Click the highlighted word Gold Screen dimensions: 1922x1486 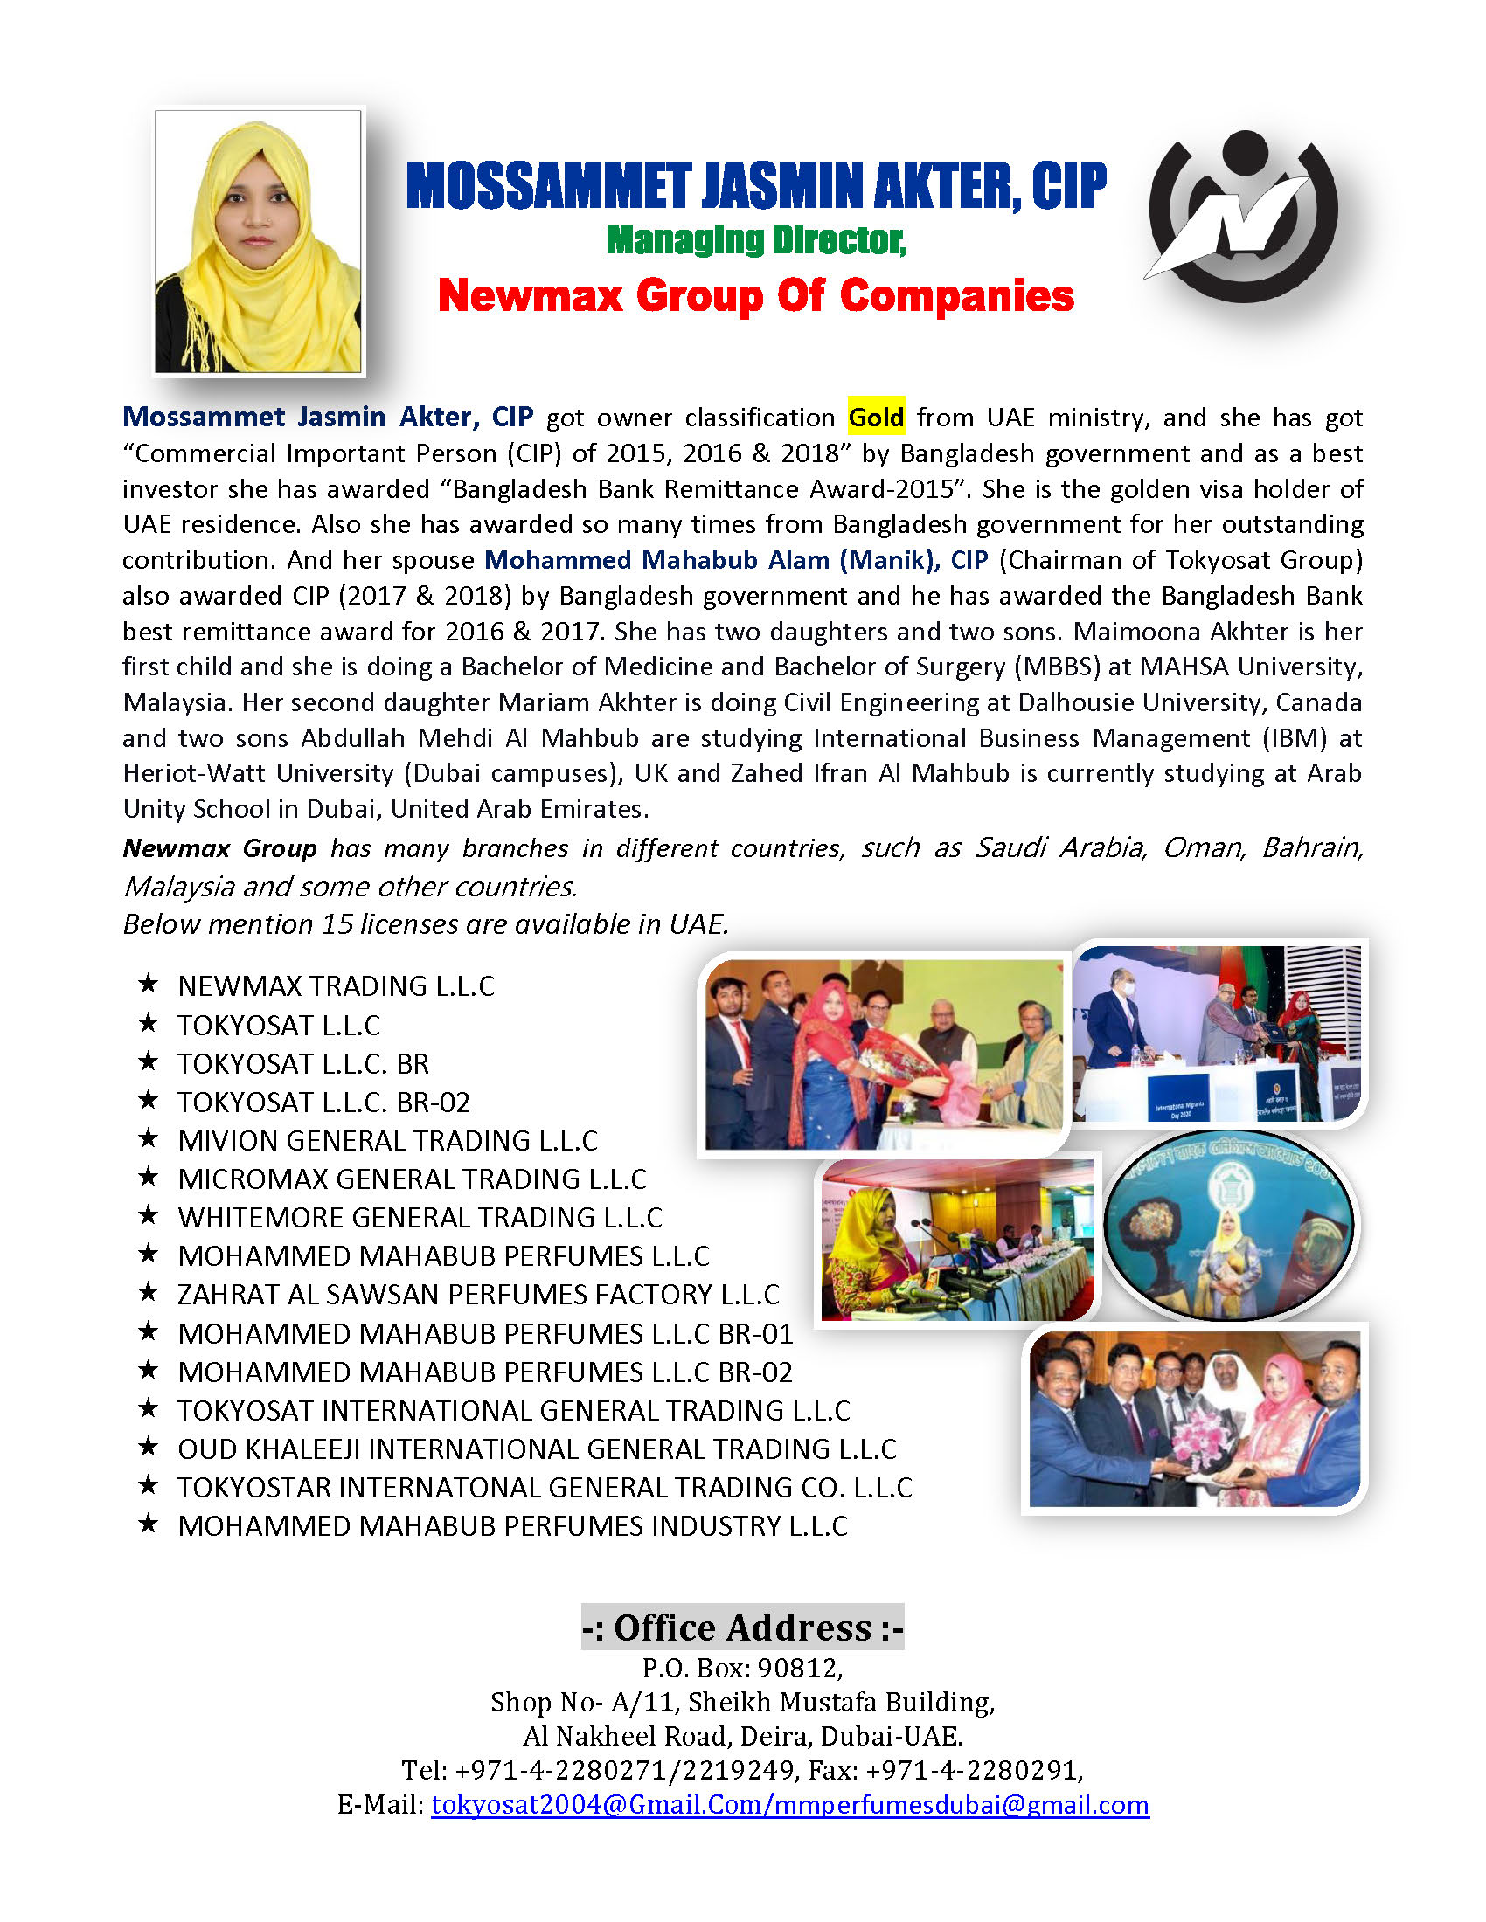coord(875,417)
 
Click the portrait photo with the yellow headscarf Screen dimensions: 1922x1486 coord(258,241)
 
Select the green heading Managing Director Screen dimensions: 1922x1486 coord(756,240)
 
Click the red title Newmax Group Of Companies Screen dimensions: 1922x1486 coord(755,295)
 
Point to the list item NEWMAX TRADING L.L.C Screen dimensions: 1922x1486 coord(336,985)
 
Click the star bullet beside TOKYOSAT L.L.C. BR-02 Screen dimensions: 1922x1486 coord(148,1100)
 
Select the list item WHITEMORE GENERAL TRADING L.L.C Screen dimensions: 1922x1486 coord(420,1217)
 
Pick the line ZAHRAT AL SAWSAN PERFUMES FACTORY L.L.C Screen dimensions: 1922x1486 coord(478,1295)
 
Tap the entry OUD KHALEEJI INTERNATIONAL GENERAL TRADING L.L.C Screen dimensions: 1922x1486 coord(537,1448)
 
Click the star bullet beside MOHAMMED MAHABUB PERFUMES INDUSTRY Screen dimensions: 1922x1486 coord(148,1524)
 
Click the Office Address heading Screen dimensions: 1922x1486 coord(742,1628)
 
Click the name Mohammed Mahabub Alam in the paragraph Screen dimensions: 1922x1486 coord(656,560)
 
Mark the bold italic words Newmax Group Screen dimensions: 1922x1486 coord(219,848)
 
